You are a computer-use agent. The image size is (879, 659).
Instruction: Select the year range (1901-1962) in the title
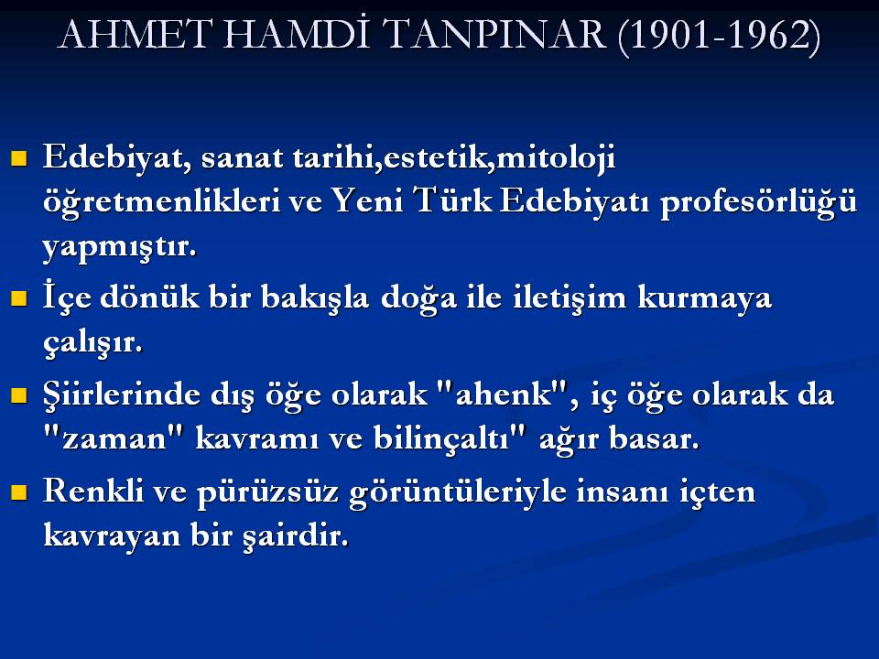click(720, 37)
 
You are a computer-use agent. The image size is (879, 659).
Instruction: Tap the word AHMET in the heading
click(136, 35)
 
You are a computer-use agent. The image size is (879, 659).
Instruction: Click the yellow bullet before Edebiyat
click(19, 158)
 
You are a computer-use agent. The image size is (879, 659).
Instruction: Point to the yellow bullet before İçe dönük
click(19, 298)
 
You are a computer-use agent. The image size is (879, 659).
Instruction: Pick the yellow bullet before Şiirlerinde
click(19, 395)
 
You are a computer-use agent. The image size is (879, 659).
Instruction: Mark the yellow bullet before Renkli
click(19, 492)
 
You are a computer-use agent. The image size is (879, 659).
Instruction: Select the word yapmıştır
click(120, 246)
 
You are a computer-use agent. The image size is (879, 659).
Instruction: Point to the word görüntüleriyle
click(458, 492)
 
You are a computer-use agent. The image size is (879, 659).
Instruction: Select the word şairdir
click(296, 536)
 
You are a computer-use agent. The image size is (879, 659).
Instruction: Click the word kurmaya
click(705, 298)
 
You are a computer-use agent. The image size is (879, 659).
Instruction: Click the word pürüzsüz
click(268, 493)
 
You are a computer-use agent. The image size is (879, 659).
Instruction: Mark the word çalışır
click(93, 342)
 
